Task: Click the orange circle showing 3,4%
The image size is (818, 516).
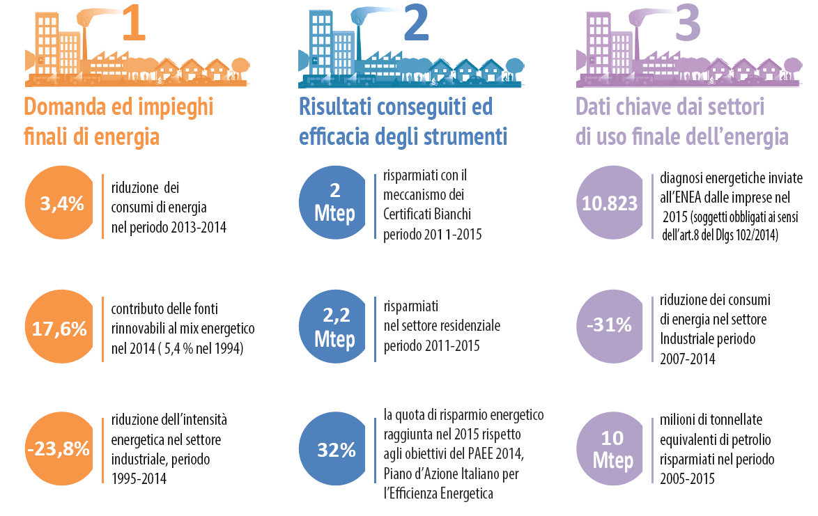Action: (61, 204)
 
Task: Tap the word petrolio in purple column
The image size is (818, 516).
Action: (753, 441)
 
